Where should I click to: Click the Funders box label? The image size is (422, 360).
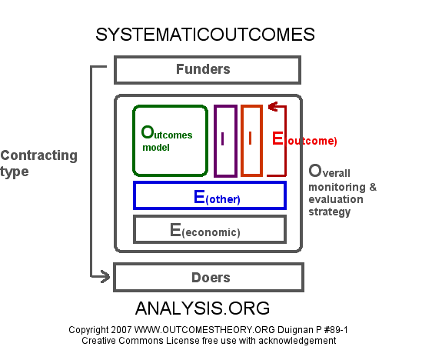pos(203,69)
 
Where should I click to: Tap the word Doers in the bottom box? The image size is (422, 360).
pos(211,278)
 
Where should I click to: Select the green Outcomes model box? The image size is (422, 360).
pos(133,141)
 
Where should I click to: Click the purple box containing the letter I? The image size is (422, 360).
pos(214,141)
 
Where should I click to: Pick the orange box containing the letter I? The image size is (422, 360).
pos(241,141)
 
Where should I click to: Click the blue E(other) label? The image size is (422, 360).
pos(217,197)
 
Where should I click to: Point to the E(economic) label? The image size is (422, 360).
pos(204,231)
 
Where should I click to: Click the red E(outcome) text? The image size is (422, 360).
pos(304,139)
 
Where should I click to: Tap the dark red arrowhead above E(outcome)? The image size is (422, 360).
pos(272,107)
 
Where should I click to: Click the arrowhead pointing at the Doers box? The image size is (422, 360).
pos(105,276)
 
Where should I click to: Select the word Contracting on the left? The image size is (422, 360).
pos(39,155)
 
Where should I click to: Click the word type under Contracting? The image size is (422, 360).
pos(15,172)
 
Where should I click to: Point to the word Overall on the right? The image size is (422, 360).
pos(329,171)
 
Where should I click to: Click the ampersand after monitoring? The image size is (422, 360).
pos(373,187)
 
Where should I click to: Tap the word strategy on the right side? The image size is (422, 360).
pos(330,212)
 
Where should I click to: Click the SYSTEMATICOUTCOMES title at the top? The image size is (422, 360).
pos(205,35)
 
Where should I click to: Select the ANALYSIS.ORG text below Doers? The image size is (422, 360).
pos(202,308)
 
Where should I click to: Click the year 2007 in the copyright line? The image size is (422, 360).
pos(121,330)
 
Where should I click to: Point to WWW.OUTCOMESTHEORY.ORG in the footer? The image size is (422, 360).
pos(204,330)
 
